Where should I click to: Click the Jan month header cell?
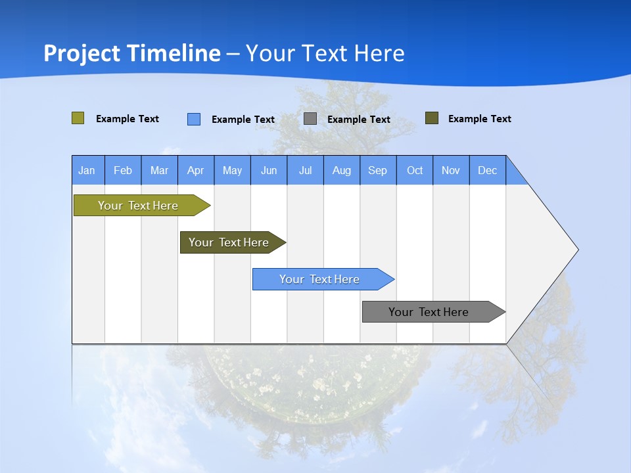tap(87, 170)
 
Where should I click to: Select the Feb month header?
tap(123, 170)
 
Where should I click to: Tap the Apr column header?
tap(196, 170)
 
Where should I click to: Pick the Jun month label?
tap(269, 170)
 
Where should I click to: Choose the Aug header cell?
tap(342, 170)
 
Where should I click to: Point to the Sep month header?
tap(378, 170)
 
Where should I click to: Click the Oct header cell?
tap(415, 170)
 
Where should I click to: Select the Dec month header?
tap(488, 170)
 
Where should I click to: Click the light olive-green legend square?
tap(78, 118)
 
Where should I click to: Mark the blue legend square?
tap(194, 119)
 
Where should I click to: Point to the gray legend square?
tap(310, 119)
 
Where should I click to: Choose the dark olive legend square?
tap(432, 118)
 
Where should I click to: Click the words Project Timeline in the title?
tap(132, 53)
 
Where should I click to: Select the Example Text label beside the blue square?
tap(243, 120)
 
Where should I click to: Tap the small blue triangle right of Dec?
tap(515, 175)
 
